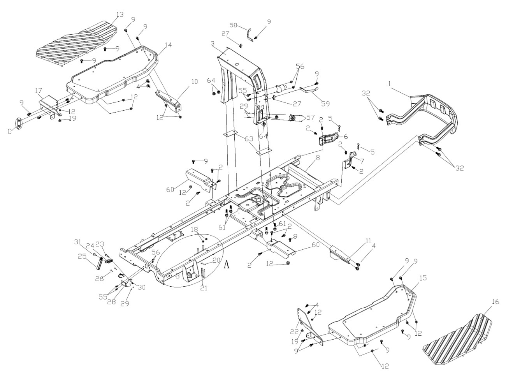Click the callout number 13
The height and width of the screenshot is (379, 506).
[x=119, y=14]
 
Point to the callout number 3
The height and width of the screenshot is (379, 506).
[x=213, y=43]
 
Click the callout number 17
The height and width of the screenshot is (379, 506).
[x=39, y=91]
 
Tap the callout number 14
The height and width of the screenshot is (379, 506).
[x=168, y=45]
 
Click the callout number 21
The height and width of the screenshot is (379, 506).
[x=204, y=288]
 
